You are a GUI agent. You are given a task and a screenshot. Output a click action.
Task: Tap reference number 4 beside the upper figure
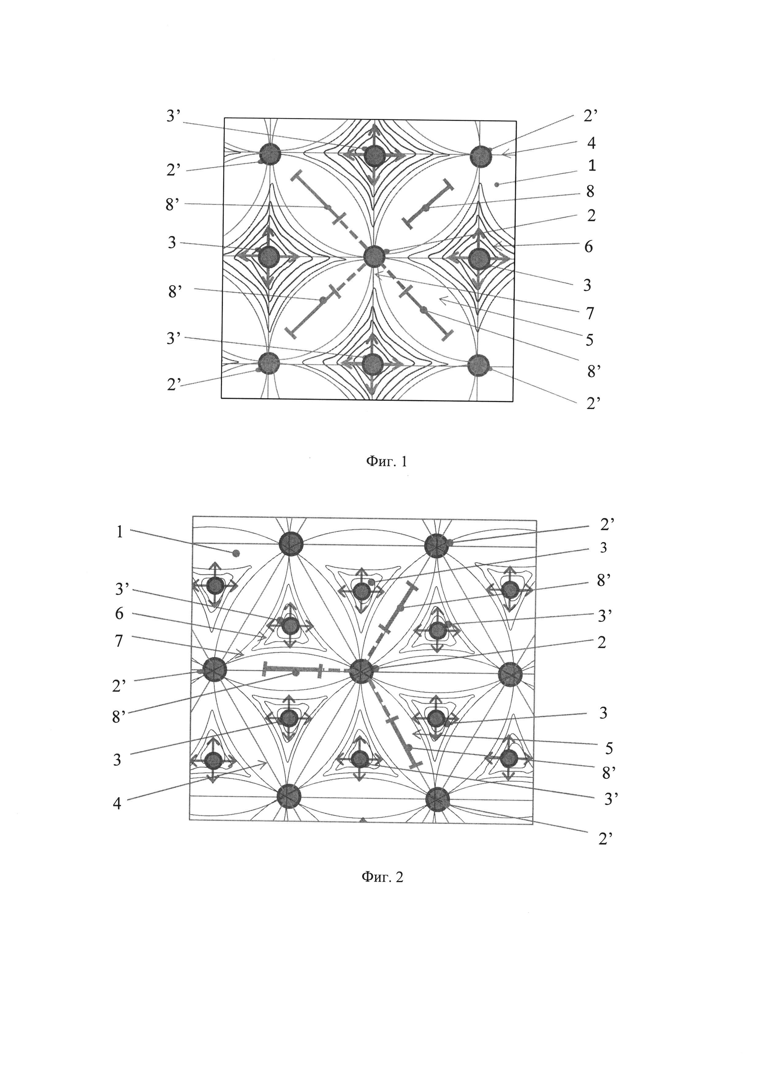coord(591,143)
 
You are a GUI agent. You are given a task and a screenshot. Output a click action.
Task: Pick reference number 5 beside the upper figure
coord(589,340)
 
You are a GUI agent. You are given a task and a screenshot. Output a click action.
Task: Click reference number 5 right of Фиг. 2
coord(608,748)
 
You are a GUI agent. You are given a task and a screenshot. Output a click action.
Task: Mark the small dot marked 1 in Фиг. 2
coord(236,553)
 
